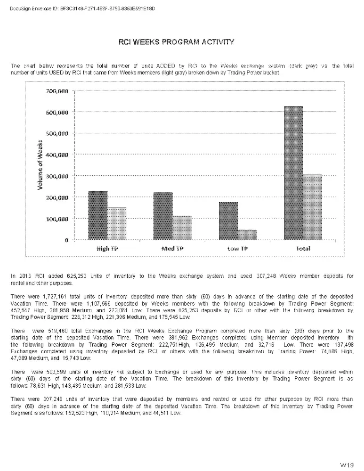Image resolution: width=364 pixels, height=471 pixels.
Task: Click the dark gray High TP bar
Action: click(98, 215)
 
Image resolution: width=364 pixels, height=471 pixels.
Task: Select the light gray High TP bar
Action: click(117, 223)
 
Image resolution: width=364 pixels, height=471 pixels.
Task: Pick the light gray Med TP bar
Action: click(182, 228)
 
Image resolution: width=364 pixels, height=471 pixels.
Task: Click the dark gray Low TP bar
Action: click(228, 221)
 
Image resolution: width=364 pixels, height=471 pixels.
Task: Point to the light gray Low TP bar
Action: click(247, 235)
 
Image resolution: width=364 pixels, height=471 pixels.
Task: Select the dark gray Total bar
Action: click(293, 173)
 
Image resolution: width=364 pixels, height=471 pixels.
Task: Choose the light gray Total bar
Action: click(312, 207)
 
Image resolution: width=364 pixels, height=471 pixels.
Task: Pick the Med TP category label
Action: click(172, 248)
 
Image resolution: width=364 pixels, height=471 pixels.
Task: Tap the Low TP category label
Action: click(237, 248)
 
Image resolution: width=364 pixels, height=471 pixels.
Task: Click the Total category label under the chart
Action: click(303, 248)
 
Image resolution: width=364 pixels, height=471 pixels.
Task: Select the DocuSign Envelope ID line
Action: click(82, 9)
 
